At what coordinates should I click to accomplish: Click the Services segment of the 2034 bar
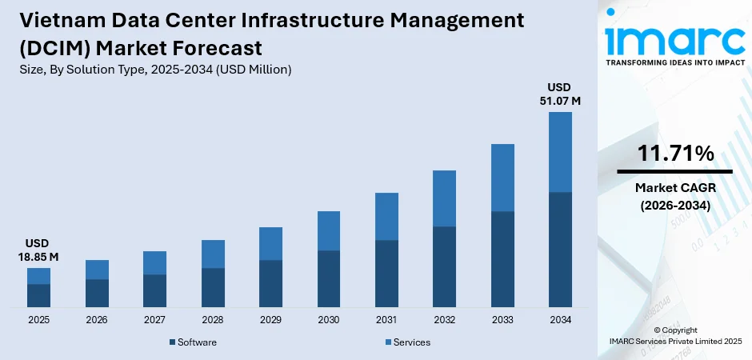pyautogui.click(x=560, y=152)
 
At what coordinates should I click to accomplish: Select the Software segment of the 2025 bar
pyautogui.click(x=39, y=295)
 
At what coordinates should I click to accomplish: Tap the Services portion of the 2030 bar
pyautogui.click(x=329, y=231)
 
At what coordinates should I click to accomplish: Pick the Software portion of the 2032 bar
pyautogui.click(x=444, y=266)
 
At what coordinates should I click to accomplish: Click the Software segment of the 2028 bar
pyautogui.click(x=213, y=287)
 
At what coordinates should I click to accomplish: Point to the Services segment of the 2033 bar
pyautogui.click(x=502, y=178)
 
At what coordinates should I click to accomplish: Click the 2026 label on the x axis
pyautogui.click(x=97, y=320)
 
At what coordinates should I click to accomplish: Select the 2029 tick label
pyautogui.click(x=270, y=320)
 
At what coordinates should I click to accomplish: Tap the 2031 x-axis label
pyautogui.click(x=386, y=320)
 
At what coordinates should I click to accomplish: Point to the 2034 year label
pyautogui.click(x=560, y=320)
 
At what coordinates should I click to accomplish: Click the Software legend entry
pyautogui.click(x=193, y=342)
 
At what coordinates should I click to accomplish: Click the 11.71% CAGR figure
pyautogui.click(x=675, y=154)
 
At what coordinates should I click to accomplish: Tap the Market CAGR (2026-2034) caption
pyautogui.click(x=675, y=197)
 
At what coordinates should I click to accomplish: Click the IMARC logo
pyautogui.click(x=674, y=36)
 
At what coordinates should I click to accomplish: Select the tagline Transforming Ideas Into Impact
pyautogui.click(x=674, y=62)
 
